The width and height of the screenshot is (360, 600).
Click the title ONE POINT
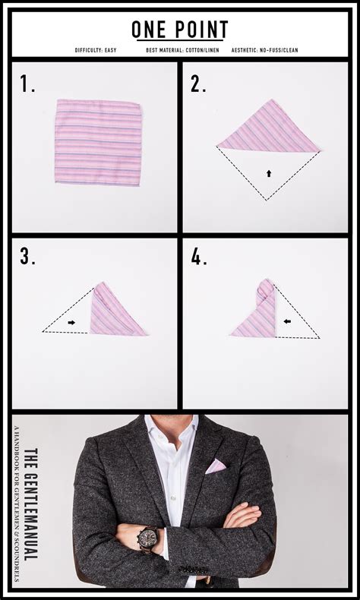[x=180, y=29]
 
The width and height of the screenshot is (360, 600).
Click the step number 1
[x=28, y=85]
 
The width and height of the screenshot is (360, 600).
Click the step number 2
[x=198, y=85]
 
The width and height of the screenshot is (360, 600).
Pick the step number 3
[x=28, y=257]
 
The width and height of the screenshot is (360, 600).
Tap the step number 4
[x=199, y=257]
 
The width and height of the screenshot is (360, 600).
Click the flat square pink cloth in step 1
[x=98, y=141]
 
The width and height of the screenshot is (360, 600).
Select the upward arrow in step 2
[x=268, y=173]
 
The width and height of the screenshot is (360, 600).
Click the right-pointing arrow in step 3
[x=71, y=322]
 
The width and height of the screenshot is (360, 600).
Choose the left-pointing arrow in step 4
[x=288, y=321]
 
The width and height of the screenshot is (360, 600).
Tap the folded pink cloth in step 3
[x=114, y=312]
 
